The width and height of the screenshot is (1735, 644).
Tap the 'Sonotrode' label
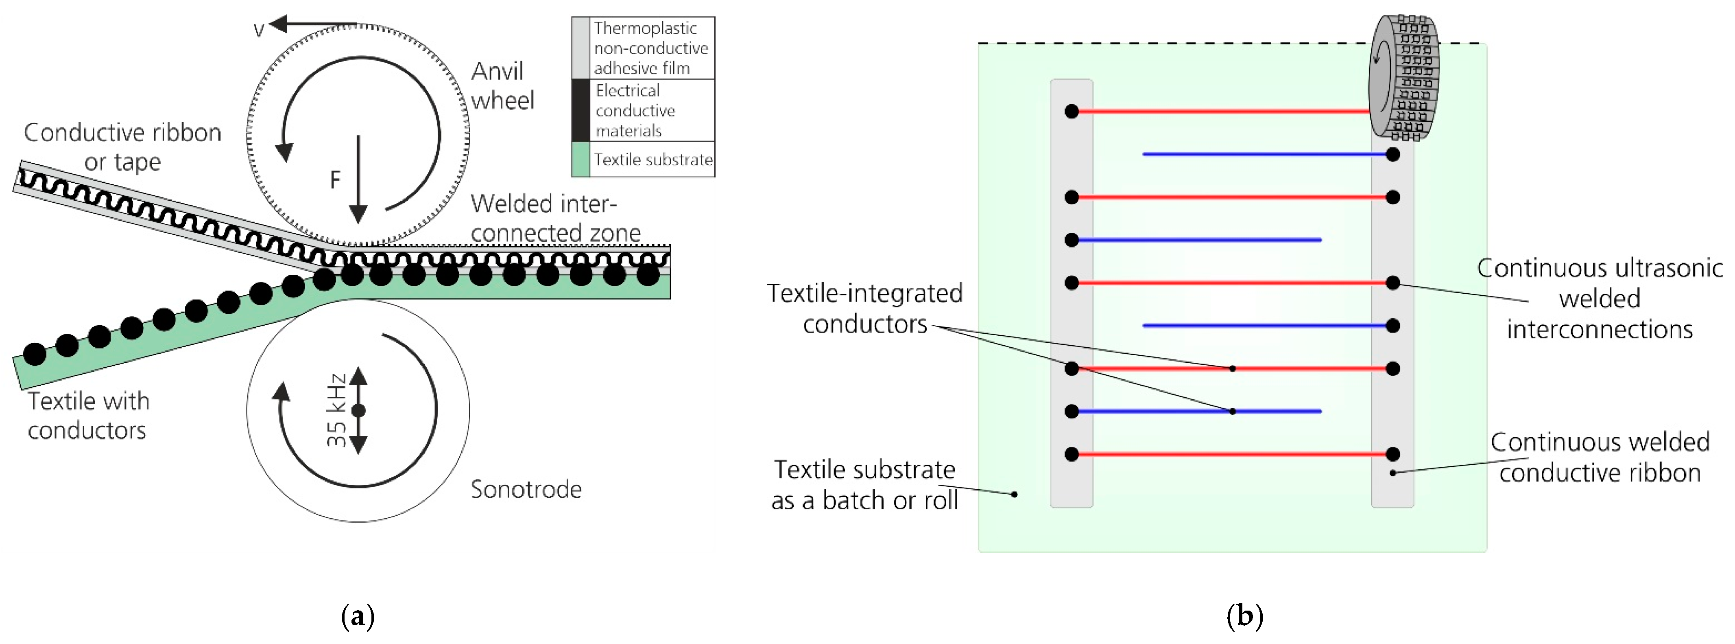pyautogui.click(x=525, y=489)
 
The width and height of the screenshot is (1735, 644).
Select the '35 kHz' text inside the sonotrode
pyautogui.click(x=336, y=410)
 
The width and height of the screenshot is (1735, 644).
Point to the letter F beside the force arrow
pyautogui.click(x=335, y=180)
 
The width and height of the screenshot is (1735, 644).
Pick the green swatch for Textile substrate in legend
pyautogui.click(x=580, y=160)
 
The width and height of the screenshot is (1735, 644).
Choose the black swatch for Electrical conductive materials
pyautogui.click(x=580, y=110)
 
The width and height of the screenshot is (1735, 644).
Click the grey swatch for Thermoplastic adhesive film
pyautogui.click(x=580, y=48)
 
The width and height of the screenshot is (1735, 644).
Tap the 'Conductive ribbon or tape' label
pyautogui.click(x=122, y=147)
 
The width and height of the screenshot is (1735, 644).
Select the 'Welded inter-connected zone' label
pyautogui.click(x=555, y=218)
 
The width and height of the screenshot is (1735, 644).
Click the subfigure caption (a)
pyautogui.click(x=358, y=616)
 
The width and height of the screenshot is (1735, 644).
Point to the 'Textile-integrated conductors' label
pyautogui.click(x=865, y=309)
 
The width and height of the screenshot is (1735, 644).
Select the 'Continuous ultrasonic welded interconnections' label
pyautogui.click(x=1599, y=298)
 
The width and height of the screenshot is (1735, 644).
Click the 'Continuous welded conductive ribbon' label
pyautogui.click(x=1599, y=458)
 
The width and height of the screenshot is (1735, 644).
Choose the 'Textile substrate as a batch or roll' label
pyautogui.click(x=864, y=485)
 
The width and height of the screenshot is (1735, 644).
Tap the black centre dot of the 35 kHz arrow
pyautogui.click(x=358, y=410)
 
